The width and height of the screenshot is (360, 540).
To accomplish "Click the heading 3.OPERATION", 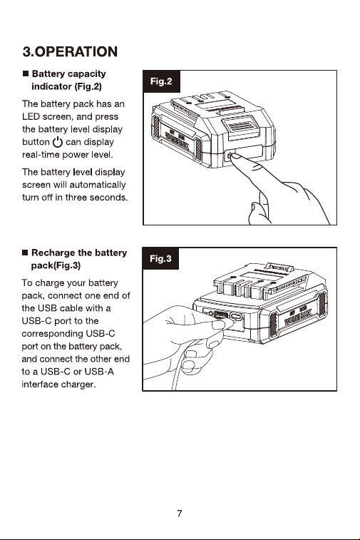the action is pyautogui.click(x=70, y=51).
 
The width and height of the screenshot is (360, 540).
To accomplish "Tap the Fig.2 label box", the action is pyautogui.click(x=161, y=81).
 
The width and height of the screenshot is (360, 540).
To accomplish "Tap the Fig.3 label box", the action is pyautogui.click(x=160, y=259).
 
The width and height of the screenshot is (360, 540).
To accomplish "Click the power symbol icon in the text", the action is pyautogui.click(x=58, y=142).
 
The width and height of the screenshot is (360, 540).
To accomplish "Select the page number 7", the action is pyautogui.click(x=180, y=514).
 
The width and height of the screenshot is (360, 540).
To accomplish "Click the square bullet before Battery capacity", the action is pyautogui.click(x=26, y=73).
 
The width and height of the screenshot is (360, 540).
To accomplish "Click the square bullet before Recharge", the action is pyautogui.click(x=25, y=253).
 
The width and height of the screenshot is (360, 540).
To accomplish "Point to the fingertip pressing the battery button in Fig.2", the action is pyautogui.click(x=235, y=157).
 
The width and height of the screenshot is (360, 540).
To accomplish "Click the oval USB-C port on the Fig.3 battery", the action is pyautogui.click(x=236, y=316).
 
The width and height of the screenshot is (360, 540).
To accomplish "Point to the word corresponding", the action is pyautogui.click(x=52, y=334).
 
